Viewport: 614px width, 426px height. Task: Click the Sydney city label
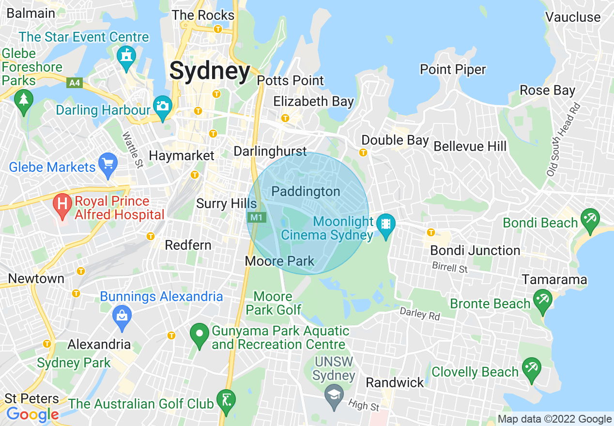coord(210,71)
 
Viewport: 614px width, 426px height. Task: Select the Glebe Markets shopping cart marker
coord(107,165)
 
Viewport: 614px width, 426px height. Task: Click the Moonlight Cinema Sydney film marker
coord(386,225)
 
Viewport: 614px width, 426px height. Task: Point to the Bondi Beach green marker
coord(589,219)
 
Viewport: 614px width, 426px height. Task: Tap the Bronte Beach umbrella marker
coord(541,300)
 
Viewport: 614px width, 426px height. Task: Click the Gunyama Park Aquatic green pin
coord(199,335)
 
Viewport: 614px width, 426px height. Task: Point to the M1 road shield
coord(256,217)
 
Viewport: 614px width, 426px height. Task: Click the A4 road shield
coord(74,83)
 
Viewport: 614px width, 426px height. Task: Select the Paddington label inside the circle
coord(306,192)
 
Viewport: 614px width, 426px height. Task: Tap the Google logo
coord(32,414)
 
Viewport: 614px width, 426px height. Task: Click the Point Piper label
coord(452,70)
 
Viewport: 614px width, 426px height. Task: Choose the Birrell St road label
coord(450,267)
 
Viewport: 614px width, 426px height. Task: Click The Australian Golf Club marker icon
coord(226,399)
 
